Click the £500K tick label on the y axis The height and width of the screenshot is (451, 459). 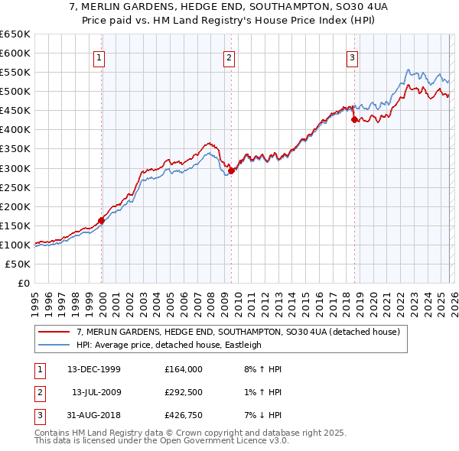16,92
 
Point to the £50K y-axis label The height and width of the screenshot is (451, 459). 18,264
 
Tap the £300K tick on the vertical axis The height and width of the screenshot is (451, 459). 16,168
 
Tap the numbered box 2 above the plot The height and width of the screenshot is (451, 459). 229,57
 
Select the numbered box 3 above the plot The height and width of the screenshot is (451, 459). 353,57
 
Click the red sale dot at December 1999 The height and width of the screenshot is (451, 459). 102,220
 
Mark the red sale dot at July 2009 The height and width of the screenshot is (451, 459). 231,170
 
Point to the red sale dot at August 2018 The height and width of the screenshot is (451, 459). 354,119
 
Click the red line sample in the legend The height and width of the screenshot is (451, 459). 54,333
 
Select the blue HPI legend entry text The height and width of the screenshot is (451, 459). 169,345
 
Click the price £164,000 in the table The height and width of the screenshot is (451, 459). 184,369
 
